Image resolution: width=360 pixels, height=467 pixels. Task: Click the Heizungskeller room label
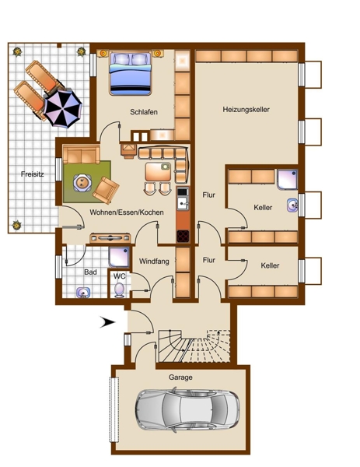click(x=246, y=110)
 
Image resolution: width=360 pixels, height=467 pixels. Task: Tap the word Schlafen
click(x=144, y=112)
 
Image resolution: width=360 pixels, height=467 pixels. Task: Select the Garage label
click(x=180, y=377)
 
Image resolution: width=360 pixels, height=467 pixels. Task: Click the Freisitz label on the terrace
click(x=33, y=174)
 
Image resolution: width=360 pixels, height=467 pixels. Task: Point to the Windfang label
click(x=154, y=262)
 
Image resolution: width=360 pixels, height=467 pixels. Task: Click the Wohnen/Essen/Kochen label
click(x=127, y=212)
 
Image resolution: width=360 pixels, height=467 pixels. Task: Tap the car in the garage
click(x=187, y=410)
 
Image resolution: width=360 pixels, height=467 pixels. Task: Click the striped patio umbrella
click(x=62, y=108)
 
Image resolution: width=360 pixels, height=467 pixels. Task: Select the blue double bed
click(x=130, y=73)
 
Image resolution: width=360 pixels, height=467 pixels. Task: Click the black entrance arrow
click(x=107, y=322)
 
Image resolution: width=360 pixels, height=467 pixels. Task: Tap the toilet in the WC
click(x=120, y=290)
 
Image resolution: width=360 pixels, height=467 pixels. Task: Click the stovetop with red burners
click(x=183, y=236)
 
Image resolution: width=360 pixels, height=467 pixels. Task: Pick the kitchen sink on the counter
click(x=183, y=204)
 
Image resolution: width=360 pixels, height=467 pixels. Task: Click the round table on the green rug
click(x=82, y=183)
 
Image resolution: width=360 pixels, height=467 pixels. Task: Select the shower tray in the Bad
click(x=119, y=257)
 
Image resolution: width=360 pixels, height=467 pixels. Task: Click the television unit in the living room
click(x=110, y=238)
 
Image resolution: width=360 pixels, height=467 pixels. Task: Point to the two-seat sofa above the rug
click(x=81, y=155)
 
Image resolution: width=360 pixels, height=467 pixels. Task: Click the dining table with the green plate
click(x=158, y=171)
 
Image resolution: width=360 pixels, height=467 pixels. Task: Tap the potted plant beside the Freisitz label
click(x=16, y=225)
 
